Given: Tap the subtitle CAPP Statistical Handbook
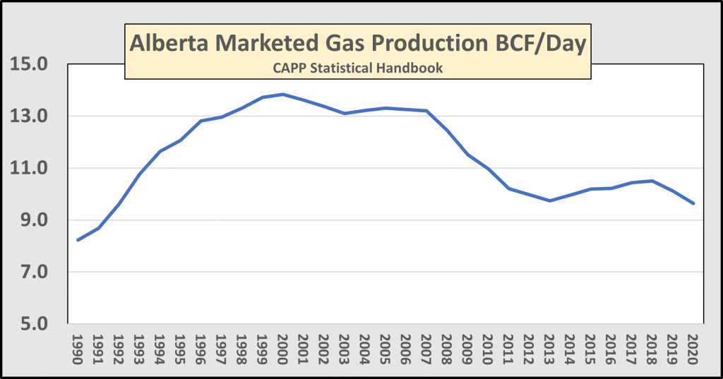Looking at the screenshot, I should tap(357, 68).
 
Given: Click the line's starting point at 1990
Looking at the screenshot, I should tap(78, 240).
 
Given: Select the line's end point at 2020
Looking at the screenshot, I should tap(693, 203).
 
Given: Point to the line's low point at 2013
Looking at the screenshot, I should tap(549, 200).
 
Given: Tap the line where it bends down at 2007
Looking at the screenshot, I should tap(426, 111).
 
